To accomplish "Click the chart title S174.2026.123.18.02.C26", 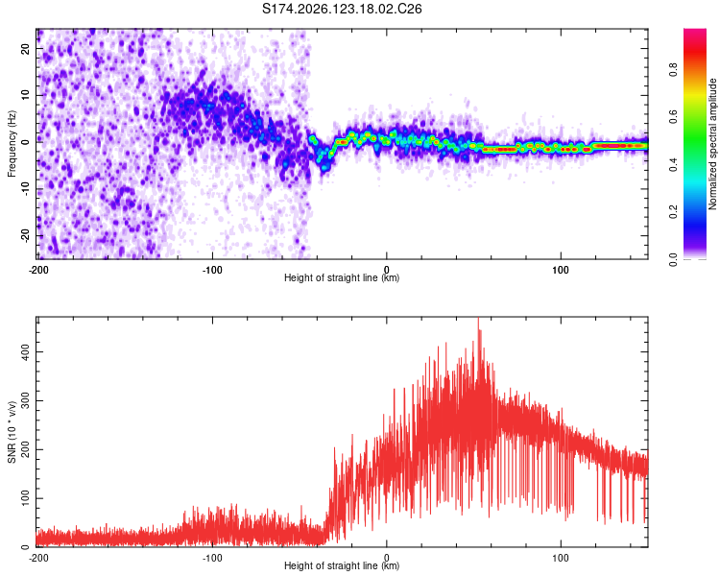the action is (x=342, y=9).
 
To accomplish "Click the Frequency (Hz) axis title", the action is (x=12, y=144).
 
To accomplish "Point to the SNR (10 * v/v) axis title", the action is (x=12, y=432).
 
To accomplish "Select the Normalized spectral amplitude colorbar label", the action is (x=712, y=144).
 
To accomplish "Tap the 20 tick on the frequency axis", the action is (x=25, y=48).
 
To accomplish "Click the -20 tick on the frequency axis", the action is (x=25, y=235).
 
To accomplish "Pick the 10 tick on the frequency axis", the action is (x=25, y=95).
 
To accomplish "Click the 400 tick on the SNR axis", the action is (x=25, y=352).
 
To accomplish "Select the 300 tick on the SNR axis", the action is (x=25, y=400).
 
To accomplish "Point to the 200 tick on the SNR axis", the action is (x=25, y=449).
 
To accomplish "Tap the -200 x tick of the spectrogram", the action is (x=38, y=270).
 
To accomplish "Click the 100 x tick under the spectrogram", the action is (x=561, y=270).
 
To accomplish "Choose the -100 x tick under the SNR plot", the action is (x=212, y=558).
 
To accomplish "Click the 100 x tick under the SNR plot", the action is (x=561, y=558).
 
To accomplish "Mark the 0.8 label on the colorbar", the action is (x=673, y=70).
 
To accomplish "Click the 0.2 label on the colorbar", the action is (x=673, y=212).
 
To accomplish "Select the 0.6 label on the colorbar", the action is (x=673, y=117).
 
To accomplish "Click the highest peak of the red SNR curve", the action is (x=478, y=319).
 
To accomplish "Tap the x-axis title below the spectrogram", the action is (x=342, y=277).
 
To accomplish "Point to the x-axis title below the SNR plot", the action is (x=342, y=565).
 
